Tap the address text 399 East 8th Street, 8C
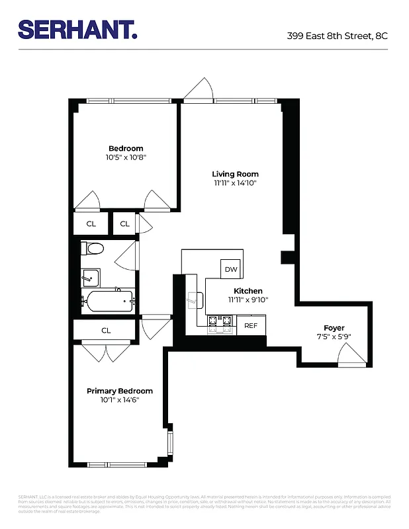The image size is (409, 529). click(x=337, y=36)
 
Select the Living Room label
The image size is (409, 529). click(x=235, y=174)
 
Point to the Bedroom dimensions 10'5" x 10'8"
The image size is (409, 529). click(x=125, y=157)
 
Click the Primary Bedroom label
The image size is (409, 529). click(x=120, y=391)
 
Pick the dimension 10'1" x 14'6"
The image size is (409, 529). click(x=120, y=399)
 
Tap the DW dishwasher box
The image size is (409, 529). click(x=231, y=269)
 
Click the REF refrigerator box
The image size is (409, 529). click(x=251, y=325)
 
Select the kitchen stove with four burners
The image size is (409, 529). click(x=221, y=323)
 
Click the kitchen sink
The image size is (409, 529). click(x=195, y=300)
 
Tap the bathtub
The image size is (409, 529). click(x=107, y=302)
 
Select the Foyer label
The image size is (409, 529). click(x=334, y=328)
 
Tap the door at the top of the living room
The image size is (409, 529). click(x=198, y=91)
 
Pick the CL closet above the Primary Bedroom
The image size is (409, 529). click(x=106, y=330)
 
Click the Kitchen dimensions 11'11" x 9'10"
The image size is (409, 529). click(x=248, y=300)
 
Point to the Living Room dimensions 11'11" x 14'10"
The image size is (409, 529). click(x=235, y=183)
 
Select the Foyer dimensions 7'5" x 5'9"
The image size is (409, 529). click(x=334, y=337)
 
